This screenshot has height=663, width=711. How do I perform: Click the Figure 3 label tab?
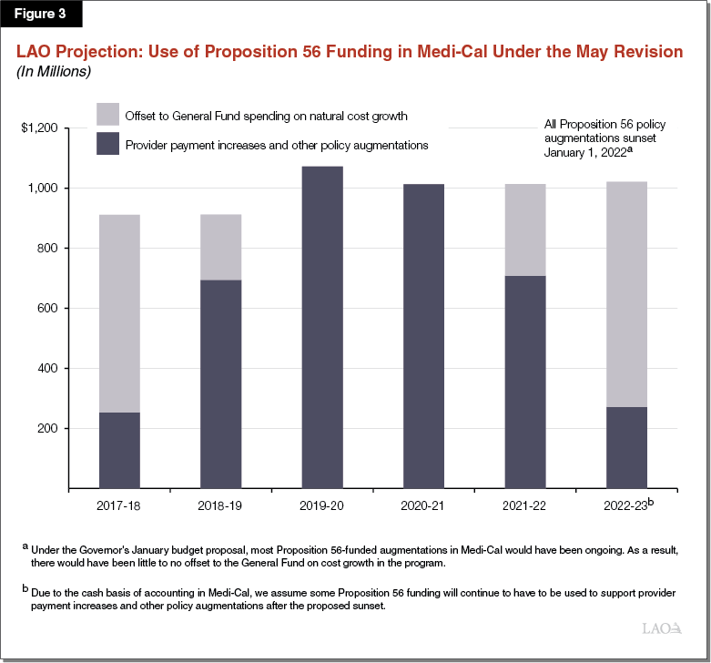coord(42,15)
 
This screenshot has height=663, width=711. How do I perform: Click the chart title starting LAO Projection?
coord(350,52)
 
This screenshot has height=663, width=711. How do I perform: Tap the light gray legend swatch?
coord(107,114)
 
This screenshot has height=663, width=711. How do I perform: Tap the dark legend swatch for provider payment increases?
coord(107,145)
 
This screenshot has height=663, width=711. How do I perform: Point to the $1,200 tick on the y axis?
coord(39,128)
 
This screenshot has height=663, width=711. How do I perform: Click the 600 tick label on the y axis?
coord(47,309)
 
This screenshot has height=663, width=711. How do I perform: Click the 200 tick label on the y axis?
coord(47,429)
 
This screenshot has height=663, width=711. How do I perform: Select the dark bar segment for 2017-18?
coord(119,450)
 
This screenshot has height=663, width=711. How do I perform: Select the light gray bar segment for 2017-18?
coord(119,313)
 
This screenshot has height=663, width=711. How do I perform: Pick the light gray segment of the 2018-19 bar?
coord(220,247)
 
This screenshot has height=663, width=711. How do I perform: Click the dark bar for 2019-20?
coord(322,327)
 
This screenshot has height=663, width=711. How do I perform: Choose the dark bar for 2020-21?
coord(423,336)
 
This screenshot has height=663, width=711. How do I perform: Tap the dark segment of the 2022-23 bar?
coord(627,447)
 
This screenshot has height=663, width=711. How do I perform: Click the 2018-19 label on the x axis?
coord(220,505)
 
